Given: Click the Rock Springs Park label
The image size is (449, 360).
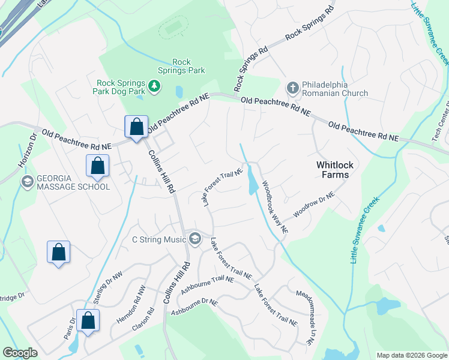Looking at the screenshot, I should click(x=181, y=66).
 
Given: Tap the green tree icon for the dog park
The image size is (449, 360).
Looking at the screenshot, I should click(x=155, y=87).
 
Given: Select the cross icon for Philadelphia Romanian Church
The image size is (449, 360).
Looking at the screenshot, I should click(x=292, y=88).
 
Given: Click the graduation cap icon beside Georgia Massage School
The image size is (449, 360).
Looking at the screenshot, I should click(x=26, y=182).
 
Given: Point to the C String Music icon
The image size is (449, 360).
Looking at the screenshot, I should click(x=194, y=239).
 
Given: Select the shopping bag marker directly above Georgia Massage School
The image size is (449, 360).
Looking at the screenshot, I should click(x=97, y=166).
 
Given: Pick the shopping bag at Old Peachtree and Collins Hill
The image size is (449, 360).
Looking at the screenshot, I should click(x=136, y=127).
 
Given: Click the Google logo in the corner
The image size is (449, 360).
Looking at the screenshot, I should click(x=20, y=353).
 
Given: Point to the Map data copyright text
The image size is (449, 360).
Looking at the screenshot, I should click(x=411, y=355).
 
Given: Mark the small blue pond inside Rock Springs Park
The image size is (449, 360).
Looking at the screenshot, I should click(x=179, y=91).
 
